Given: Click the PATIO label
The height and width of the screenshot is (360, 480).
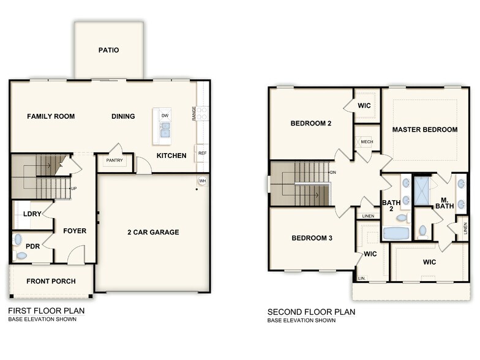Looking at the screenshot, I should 108,50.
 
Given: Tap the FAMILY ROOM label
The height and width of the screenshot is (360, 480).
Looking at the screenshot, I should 51,116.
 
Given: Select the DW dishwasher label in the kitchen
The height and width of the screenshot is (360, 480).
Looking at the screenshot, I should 165,116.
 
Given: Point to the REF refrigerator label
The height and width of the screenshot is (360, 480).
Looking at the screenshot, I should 202,152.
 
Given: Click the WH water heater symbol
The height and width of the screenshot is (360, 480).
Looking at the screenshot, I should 202,181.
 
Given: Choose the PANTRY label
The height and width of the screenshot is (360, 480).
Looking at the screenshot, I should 114,161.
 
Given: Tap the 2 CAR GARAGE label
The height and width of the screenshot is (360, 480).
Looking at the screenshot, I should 153,232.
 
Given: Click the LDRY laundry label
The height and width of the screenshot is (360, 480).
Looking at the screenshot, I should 32,214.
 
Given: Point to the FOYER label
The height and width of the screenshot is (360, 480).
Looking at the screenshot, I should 75,231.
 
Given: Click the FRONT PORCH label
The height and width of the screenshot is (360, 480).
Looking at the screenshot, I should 51,282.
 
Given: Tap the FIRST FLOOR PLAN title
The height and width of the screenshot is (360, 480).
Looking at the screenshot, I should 47,310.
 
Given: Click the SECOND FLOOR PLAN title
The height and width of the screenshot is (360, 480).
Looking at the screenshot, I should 311,312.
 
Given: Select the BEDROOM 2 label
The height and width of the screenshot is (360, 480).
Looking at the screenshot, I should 311,124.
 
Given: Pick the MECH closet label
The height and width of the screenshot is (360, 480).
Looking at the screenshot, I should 367,142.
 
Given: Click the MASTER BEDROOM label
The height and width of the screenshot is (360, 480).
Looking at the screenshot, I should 425,130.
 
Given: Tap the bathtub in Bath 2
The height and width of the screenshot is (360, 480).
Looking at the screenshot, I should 396,233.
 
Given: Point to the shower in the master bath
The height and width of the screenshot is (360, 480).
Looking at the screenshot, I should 422,190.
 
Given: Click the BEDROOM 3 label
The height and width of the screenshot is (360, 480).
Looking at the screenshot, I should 312,238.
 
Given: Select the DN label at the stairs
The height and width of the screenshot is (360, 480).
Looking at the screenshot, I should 333,173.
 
